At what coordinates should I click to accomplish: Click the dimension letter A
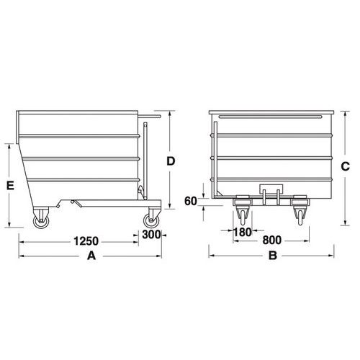pyautogui.click(x=91, y=256)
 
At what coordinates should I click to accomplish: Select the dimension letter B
pyautogui.click(x=273, y=256)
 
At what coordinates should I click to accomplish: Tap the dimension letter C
pyautogui.click(x=345, y=166)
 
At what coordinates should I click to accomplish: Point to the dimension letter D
pyautogui.click(x=171, y=161)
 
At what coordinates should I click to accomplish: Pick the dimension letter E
pyautogui.click(x=10, y=186)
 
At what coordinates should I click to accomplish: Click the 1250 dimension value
pyautogui.click(x=86, y=241)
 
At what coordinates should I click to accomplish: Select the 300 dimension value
pyautogui.click(x=151, y=235)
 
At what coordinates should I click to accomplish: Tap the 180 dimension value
pyautogui.click(x=243, y=232)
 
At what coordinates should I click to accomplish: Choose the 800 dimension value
pyautogui.click(x=271, y=240)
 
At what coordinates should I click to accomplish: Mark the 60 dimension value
pyautogui.click(x=191, y=201)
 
